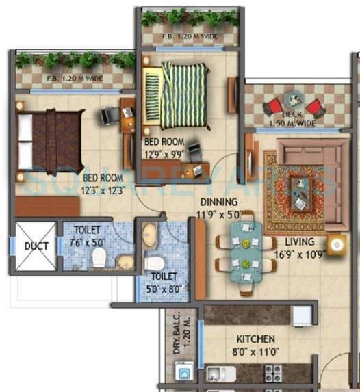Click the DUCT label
36,246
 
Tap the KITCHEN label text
256,339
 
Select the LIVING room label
300,241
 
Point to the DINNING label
219,202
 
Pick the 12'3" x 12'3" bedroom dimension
103,191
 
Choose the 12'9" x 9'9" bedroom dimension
164,153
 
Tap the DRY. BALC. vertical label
177,332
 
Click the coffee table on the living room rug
298,189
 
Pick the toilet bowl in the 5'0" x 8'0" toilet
153,263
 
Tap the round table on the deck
294,100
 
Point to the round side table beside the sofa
336,244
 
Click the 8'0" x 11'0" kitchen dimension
256,353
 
